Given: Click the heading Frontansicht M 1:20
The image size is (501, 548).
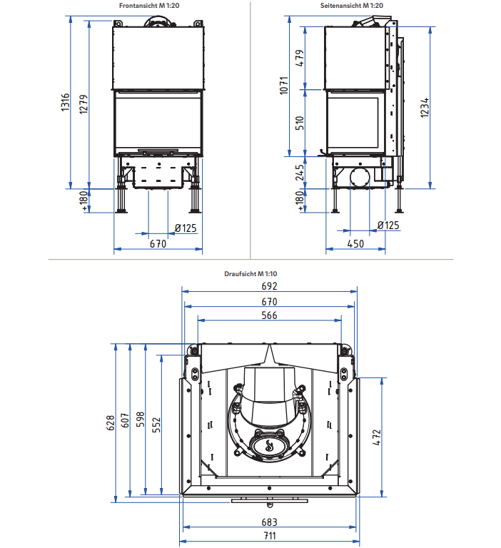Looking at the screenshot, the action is coord(149,6).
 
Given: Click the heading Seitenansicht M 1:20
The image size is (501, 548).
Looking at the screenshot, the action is coord(351,6).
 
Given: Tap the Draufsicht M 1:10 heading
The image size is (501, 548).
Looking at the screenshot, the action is coord(250,274).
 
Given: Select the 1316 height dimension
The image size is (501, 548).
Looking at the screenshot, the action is coord(66,103).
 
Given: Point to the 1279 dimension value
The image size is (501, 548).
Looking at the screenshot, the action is coord(83,104).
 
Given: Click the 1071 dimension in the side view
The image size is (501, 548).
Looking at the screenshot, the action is coord(284,86).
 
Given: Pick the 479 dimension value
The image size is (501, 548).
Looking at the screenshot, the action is coord(300,58).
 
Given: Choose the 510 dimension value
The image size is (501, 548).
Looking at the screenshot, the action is coord(300,123).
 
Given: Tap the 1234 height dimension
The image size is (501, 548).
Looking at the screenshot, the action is coord(424,108).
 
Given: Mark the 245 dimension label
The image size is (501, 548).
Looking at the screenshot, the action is coord(300,173).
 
